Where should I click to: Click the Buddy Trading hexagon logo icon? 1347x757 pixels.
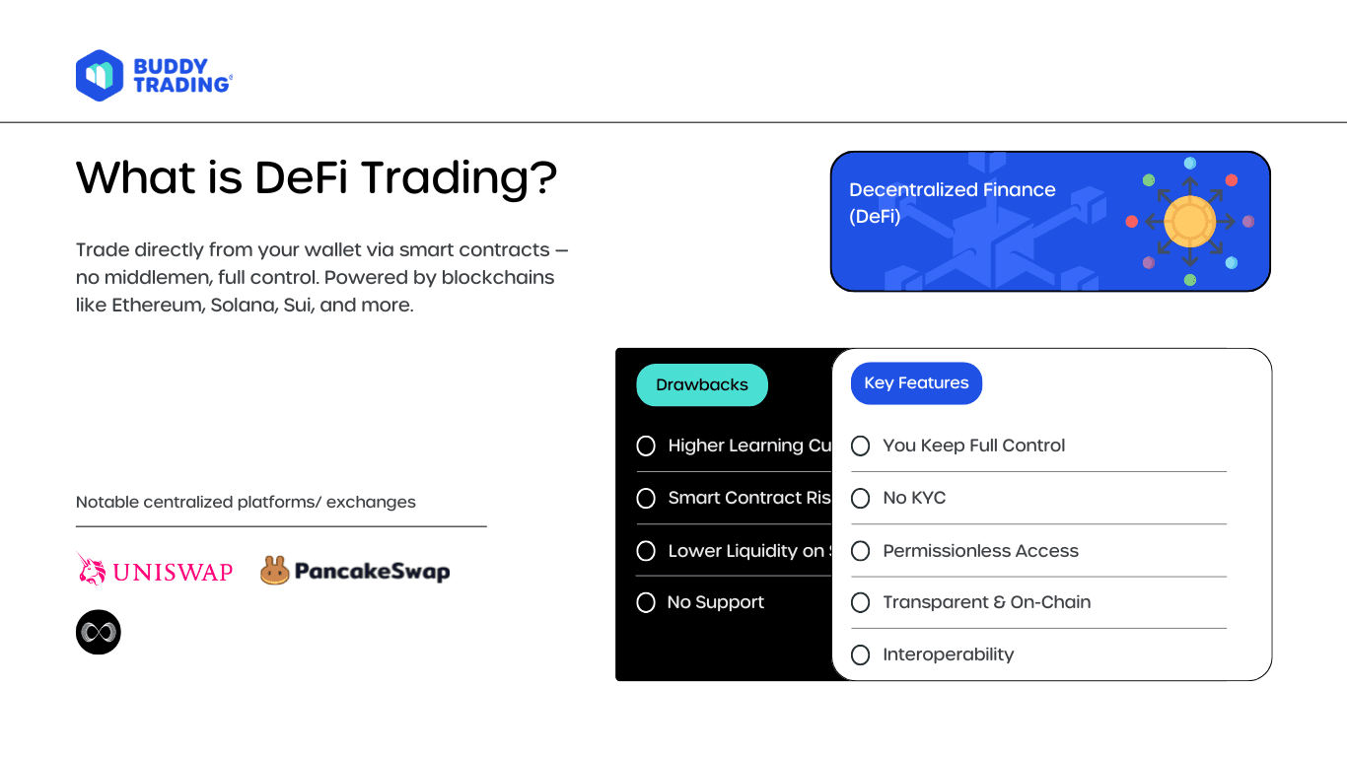pyautogui.click(x=100, y=76)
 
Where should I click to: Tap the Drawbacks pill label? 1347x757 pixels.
pyautogui.click(x=702, y=385)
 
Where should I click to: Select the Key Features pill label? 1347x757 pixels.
pyautogui.click(x=916, y=383)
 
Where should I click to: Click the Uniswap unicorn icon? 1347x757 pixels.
pyautogui.click(x=92, y=569)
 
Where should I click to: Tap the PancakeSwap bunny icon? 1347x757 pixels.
pyautogui.click(x=274, y=570)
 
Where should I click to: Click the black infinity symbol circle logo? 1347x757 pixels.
pyautogui.click(x=99, y=632)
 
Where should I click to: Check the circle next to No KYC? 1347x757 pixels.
pyautogui.click(x=861, y=499)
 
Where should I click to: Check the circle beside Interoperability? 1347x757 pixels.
pyautogui.click(x=861, y=654)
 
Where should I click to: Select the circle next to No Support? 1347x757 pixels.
pyautogui.click(x=646, y=602)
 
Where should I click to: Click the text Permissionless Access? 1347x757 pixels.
pyautogui.click(x=980, y=551)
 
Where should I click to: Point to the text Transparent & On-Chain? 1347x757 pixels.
pyautogui.click(x=986, y=602)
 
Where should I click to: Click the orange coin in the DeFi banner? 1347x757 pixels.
pyautogui.click(x=1189, y=222)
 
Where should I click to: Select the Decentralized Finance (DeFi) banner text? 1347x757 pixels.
pyautogui.click(x=952, y=203)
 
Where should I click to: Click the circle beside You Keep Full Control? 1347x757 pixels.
pyautogui.click(x=861, y=447)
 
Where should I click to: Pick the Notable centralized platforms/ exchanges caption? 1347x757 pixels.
pyautogui.click(x=246, y=502)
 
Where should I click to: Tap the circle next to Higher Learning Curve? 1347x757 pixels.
pyautogui.click(x=646, y=447)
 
